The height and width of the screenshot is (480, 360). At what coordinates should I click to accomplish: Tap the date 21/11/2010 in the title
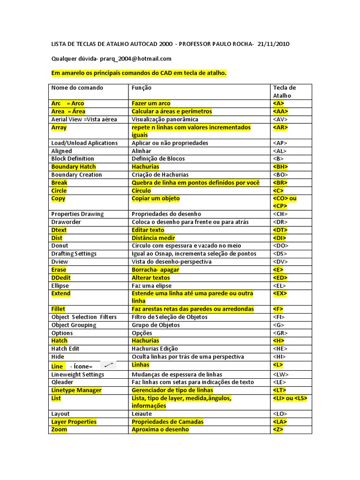(274, 44)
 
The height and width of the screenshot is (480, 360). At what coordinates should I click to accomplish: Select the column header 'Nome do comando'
(77, 88)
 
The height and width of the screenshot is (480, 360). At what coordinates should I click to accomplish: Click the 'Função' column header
(142, 88)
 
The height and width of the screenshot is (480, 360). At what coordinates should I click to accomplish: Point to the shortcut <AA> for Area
(280, 111)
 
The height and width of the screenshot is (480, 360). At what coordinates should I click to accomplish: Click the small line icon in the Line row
(109, 365)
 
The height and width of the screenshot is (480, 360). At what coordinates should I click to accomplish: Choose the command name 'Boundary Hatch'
(74, 166)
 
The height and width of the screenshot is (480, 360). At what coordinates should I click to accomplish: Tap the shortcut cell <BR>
(280, 182)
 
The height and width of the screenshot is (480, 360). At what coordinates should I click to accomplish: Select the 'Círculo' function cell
(142, 190)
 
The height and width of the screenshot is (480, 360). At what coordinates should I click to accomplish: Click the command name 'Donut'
(60, 246)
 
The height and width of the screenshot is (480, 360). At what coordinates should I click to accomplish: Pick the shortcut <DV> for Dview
(280, 262)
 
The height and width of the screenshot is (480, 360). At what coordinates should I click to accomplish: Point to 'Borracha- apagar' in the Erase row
(156, 270)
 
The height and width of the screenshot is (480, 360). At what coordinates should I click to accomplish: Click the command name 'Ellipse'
(60, 285)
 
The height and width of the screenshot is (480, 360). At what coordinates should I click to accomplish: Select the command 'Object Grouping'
(74, 325)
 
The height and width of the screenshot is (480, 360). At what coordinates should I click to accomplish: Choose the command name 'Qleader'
(62, 382)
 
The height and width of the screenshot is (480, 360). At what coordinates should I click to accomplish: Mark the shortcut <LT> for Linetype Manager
(279, 390)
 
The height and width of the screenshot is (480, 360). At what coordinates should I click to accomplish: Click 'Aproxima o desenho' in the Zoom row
(160, 429)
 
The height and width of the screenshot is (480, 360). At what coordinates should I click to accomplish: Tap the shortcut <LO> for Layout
(280, 414)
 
